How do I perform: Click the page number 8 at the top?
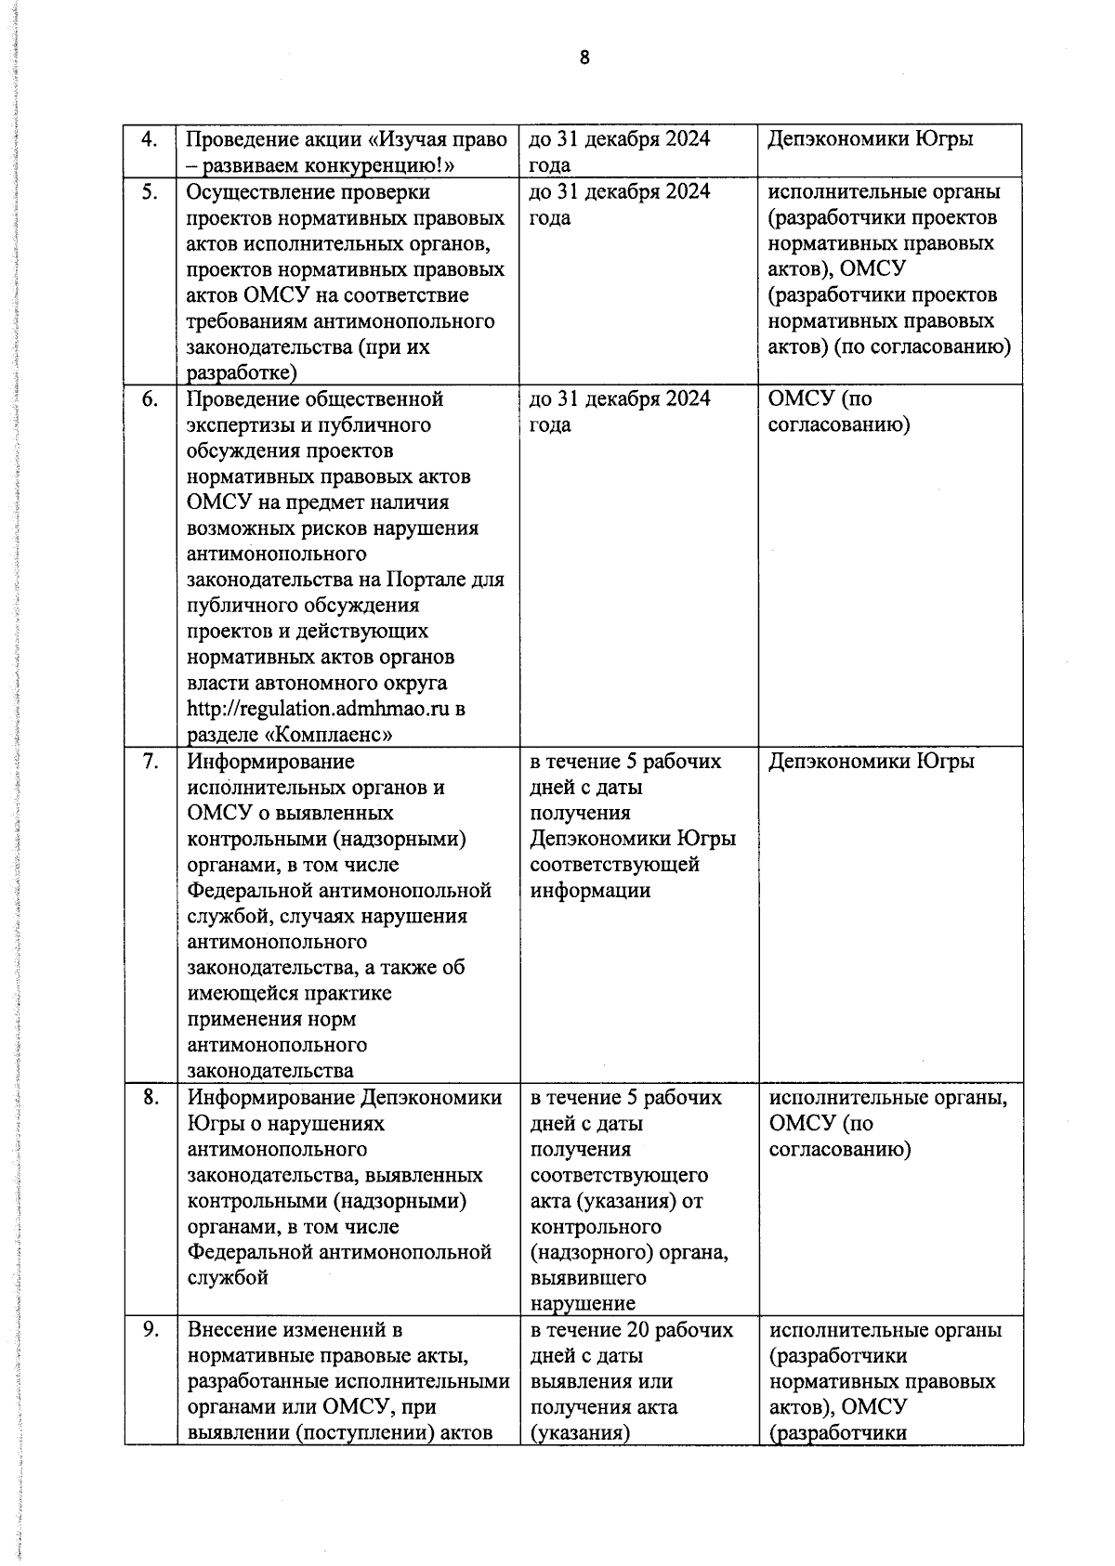[584, 58]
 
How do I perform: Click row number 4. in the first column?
[149, 139]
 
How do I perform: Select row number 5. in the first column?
[149, 191]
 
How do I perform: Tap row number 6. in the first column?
[149, 398]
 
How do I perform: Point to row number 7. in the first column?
[149, 761]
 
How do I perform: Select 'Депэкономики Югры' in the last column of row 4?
[871, 139]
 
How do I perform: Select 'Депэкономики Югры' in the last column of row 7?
[871, 761]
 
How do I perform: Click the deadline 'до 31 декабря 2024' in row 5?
[620, 191]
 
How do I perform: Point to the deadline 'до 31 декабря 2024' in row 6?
[620, 398]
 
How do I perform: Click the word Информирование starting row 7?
[270, 761]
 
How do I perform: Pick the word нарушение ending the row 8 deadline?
[583, 1304]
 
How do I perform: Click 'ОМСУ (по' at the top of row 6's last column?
[820, 398]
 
